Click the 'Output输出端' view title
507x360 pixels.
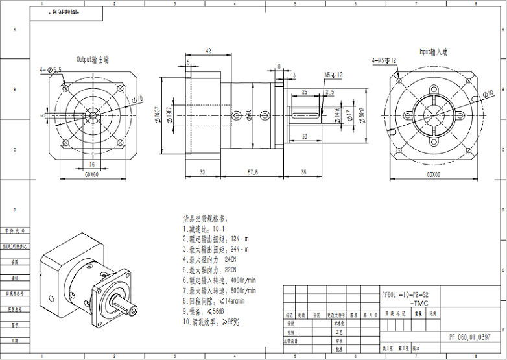point(93,59)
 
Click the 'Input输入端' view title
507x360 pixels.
point(433,51)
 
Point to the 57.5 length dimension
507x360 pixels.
point(252,172)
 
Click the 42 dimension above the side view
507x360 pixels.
point(208,51)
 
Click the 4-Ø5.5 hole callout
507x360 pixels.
point(51,69)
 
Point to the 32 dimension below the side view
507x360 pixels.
point(202,172)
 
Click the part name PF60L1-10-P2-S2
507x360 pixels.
point(406,294)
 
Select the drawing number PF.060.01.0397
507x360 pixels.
point(470,337)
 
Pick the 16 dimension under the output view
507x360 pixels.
point(91,165)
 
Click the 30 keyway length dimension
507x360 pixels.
point(304,137)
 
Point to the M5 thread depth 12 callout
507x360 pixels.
point(333,75)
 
